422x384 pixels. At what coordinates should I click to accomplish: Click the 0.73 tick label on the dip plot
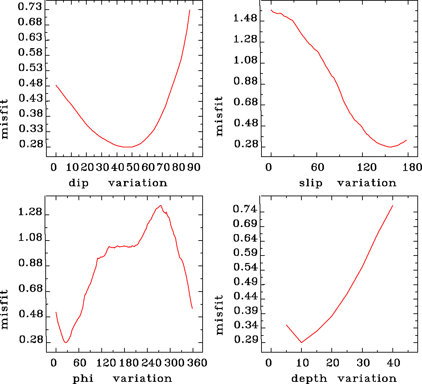pyautogui.click(x=30, y=7)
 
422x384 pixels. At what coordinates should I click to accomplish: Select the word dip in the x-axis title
pyautogui.click(x=78, y=183)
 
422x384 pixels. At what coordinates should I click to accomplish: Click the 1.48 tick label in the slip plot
pyautogui.click(x=245, y=18)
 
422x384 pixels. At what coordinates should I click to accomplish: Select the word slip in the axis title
pyautogui.click(x=311, y=183)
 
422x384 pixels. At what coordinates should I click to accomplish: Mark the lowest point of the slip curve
pyautogui.click(x=391, y=147)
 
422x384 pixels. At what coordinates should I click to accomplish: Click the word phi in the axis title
pyautogui.click(x=83, y=378)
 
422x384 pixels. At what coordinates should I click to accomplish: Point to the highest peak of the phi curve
pyautogui.click(x=161, y=206)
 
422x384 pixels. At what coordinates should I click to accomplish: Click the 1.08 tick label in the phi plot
pyautogui.click(x=30, y=238)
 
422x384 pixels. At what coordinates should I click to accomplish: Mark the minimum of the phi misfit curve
pyautogui.click(x=66, y=343)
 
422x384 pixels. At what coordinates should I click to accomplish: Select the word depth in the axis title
pyautogui.click(x=309, y=378)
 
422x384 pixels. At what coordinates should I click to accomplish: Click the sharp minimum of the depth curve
pyautogui.click(x=301, y=343)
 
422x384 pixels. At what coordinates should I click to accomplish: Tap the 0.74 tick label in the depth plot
pyautogui.click(x=245, y=209)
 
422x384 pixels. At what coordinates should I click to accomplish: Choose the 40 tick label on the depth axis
pyautogui.click(x=393, y=363)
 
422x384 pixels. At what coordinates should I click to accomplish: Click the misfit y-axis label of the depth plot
pyautogui.click(x=219, y=315)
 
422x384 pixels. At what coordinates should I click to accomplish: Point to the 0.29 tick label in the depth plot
pyautogui.click(x=245, y=340)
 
